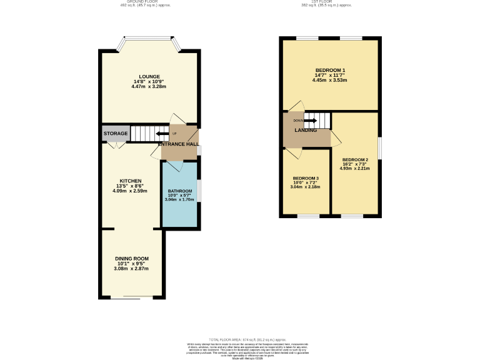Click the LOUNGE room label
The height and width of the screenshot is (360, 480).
pyautogui.click(x=150, y=76)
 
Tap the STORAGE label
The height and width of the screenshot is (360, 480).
pyautogui.click(x=116, y=134)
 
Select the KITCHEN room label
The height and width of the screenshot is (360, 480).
pyautogui.click(x=131, y=181)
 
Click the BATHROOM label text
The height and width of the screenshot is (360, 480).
pyautogui.click(x=179, y=191)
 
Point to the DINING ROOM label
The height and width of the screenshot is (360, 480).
pyautogui.click(x=132, y=258)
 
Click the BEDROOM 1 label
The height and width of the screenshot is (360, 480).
pyautogui.click(x=330, y=70)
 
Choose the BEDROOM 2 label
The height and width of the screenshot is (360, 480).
pyautogui.click(x=354, y=160)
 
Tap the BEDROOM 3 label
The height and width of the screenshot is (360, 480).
pyautogui.click(x=306, y=177)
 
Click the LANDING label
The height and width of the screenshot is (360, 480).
pyautogui.click(x=306, y=130)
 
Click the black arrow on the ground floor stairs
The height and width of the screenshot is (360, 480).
pyautogui.click(x=162, y=133)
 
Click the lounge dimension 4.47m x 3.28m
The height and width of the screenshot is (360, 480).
pyautogui.click(x=150, y=86)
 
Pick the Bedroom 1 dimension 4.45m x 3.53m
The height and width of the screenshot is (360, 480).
pyautogui.click(x=330, y=80)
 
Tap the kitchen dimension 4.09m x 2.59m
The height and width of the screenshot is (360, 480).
pyautogui.click(x=131, y=191)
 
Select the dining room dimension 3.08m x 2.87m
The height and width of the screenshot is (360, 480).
pyautogui.click(x=132, y=268)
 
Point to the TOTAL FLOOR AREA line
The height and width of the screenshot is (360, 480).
pyautogui.click(x=239, y=337)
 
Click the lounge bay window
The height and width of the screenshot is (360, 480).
pyautogui.click(x=150, y=39)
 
